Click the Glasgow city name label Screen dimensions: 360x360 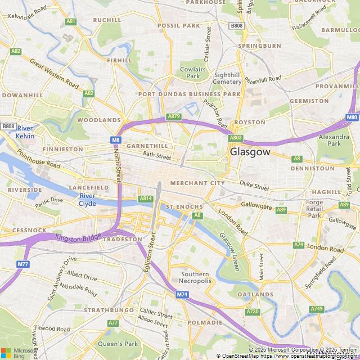pos(250,152)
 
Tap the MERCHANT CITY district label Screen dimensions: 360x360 pos(197,183)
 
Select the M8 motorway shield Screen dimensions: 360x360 pos(116,139)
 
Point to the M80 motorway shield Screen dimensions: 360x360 pos(352,118)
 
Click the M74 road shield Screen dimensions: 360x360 pos(182,295)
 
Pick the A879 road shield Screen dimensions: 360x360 pos(174,116)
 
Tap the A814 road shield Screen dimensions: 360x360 pos(146,199)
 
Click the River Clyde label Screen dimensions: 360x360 pos(87,200)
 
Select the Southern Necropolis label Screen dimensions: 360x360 pos(196,278)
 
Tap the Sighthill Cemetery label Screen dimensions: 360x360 pos(227,78)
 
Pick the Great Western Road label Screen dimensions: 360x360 pos(54,74)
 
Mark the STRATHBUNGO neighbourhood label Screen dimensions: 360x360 pos(109,310)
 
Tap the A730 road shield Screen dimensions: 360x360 pos(253,312)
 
